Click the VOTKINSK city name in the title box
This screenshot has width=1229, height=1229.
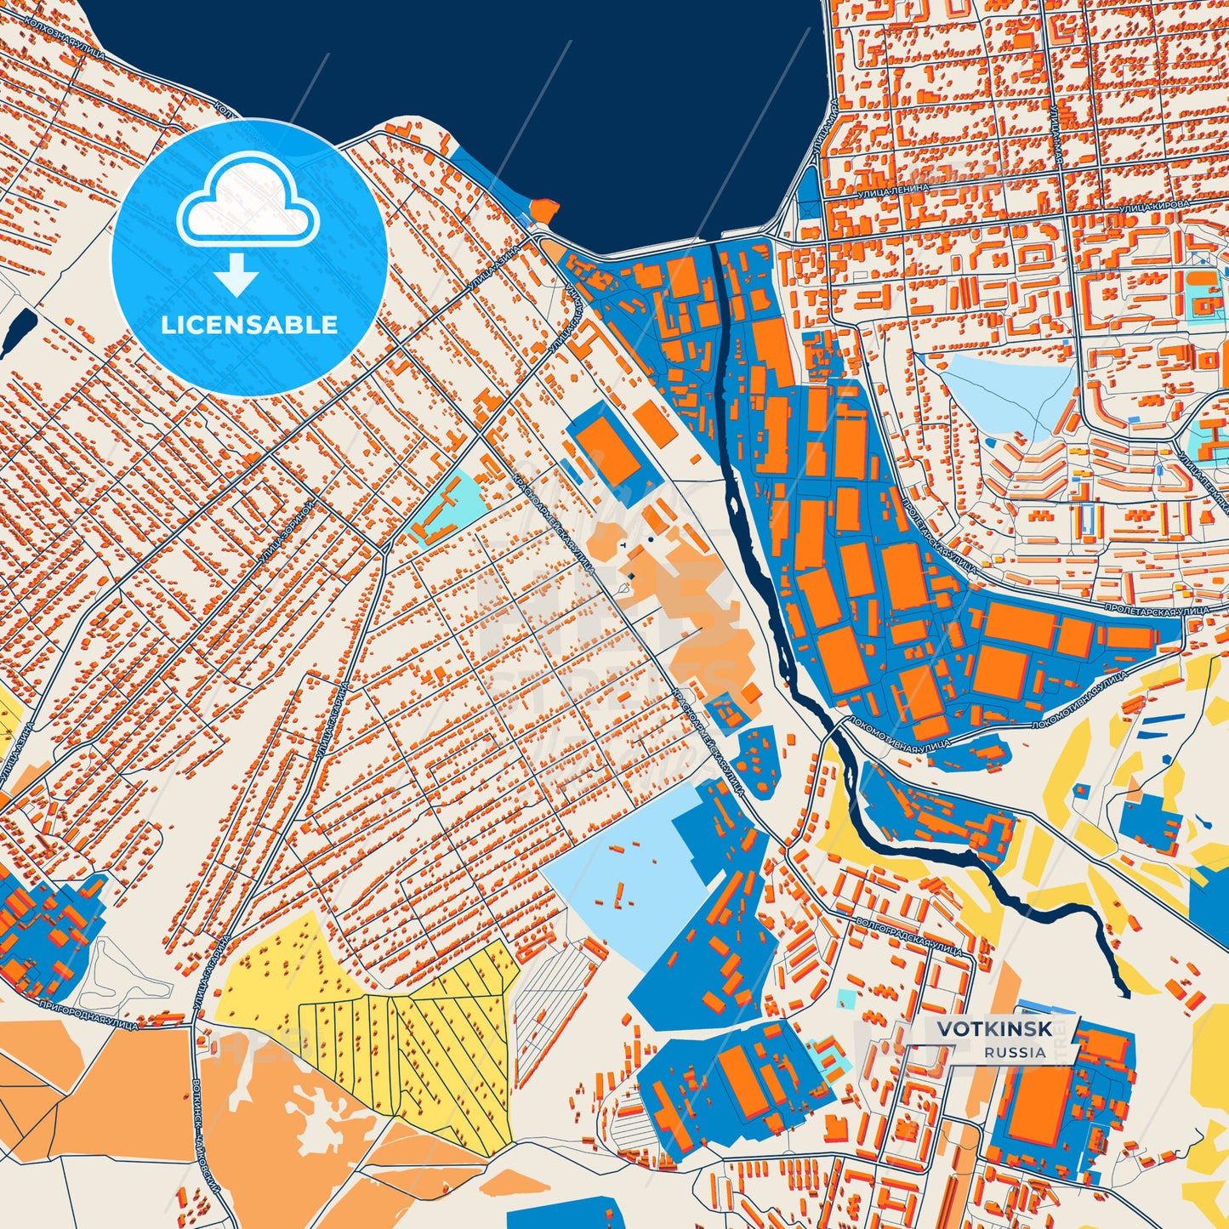(994, 1028)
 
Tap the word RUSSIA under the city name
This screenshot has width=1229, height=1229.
(1016, 1052)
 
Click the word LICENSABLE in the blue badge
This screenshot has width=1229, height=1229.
(249, 325)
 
